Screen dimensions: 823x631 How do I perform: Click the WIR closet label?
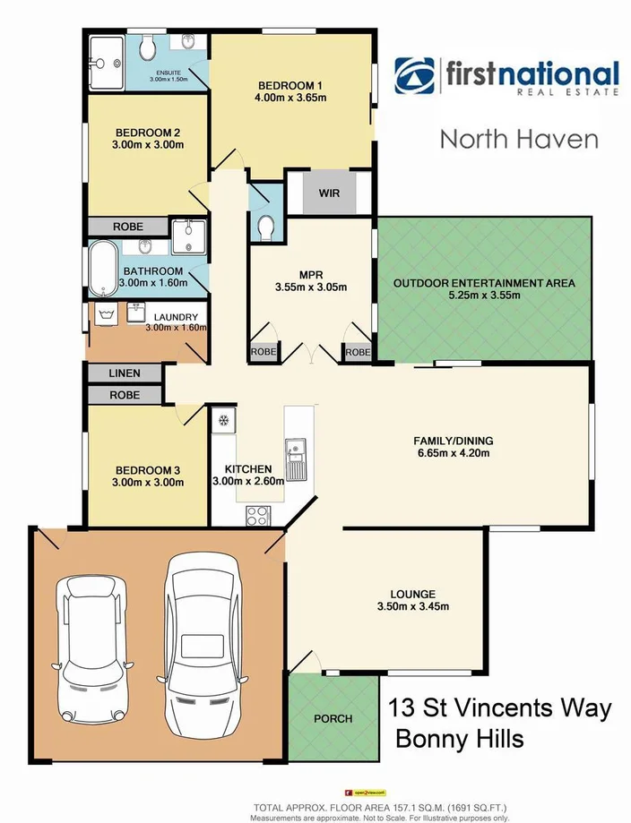pos(329,193)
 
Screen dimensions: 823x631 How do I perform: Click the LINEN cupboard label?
pos(125,373)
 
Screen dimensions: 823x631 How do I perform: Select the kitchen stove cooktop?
pos(257,515)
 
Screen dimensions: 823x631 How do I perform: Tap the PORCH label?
pos(333,718)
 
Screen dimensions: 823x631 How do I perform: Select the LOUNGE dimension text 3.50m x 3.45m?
pos(412,606)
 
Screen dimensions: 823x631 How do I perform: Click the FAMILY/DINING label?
pos(453,441)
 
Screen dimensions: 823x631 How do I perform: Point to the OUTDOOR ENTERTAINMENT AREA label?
pos(484,284)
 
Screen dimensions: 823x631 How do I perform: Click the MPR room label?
pos(310,275)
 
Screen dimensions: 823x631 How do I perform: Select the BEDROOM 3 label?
pos(149,469)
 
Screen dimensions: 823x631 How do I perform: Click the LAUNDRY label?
pos(176,316)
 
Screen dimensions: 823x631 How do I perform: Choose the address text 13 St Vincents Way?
pos(500,708)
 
